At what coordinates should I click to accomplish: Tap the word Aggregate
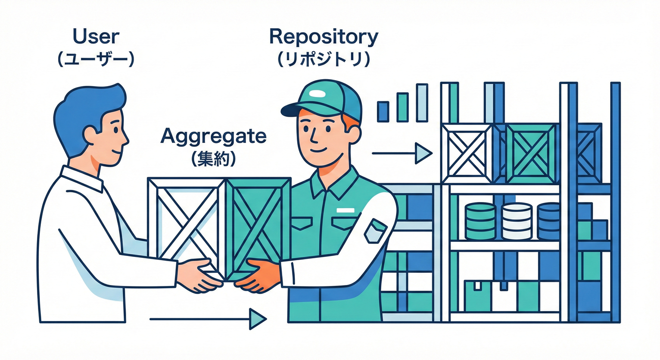coord(213,136)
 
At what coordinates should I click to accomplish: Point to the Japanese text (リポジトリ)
coord(323,60)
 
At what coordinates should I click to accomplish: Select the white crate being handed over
coord(186,220)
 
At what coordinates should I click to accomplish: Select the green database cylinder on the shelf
coord(480,221)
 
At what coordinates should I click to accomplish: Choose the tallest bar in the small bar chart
coord(422,103)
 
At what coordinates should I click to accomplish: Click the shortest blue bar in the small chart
coord(383,112)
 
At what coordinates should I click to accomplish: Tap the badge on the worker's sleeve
coord(375,231)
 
